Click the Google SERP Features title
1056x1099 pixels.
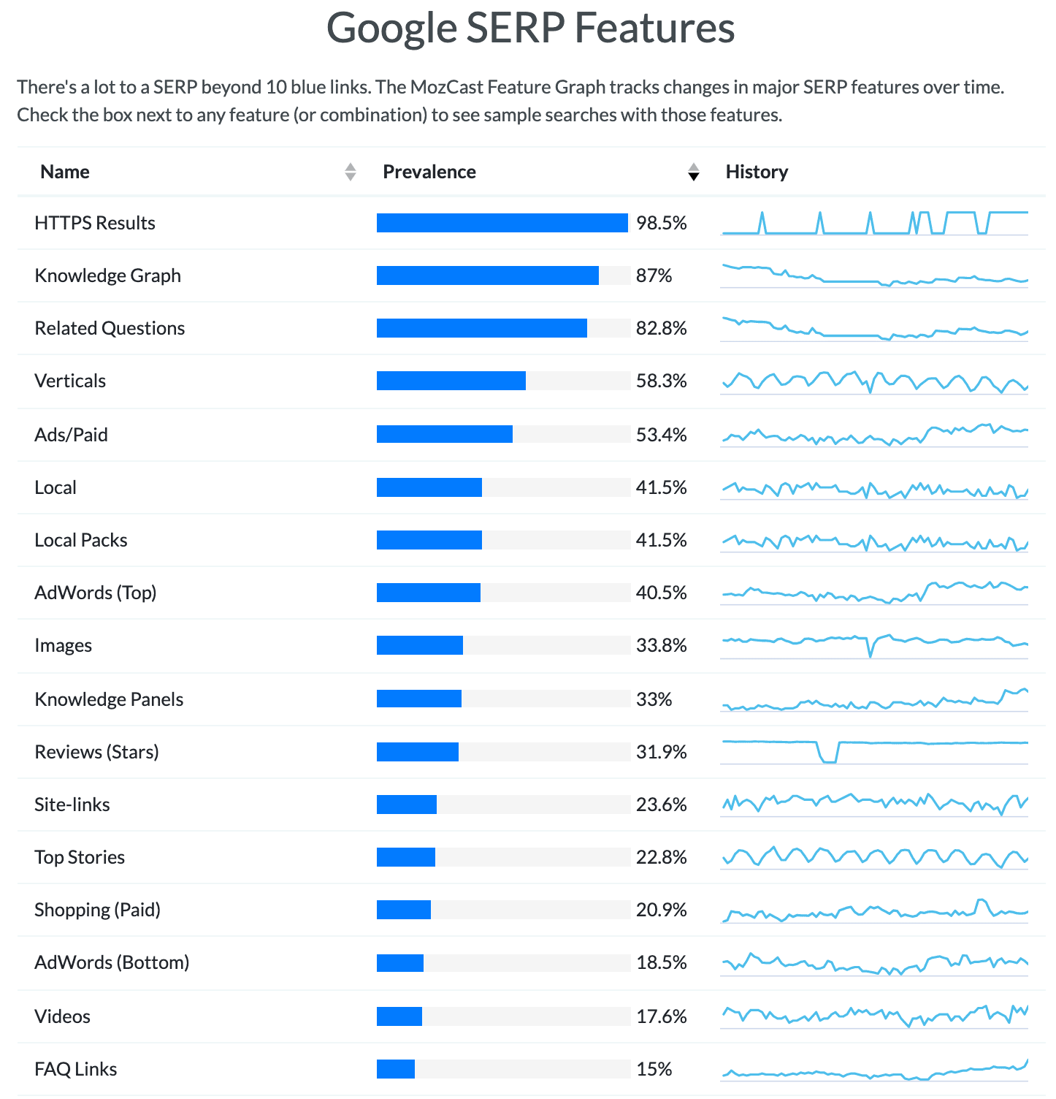tap(530, 28)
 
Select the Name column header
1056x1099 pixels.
tap(65, 172)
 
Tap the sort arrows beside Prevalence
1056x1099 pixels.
tap(694, 172)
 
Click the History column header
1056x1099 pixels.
tap(757, 172)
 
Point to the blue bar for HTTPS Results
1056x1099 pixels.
tap(502, 223)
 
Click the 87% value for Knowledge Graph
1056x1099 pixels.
tap(654, 275)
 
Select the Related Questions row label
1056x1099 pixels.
tap(110, 328)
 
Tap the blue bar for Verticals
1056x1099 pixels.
tap(451, 381)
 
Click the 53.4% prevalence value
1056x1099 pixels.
tap(661, 435)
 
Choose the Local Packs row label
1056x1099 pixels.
tap(81, 540)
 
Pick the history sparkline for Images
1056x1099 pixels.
tap(875, 645)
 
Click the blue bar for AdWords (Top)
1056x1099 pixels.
tap(429, 593)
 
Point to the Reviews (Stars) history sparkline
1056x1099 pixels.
tap(875, 751)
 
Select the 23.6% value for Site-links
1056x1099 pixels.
tap(661, 805)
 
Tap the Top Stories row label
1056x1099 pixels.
tap(80, 857)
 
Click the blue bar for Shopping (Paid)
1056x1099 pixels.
tap(404, 910)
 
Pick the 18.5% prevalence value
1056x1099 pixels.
tap(661, 962)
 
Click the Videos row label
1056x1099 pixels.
tap(63, 1016)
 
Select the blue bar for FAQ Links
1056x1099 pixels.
tap(396, 1069)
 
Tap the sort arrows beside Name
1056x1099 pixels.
tap(351, 172)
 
